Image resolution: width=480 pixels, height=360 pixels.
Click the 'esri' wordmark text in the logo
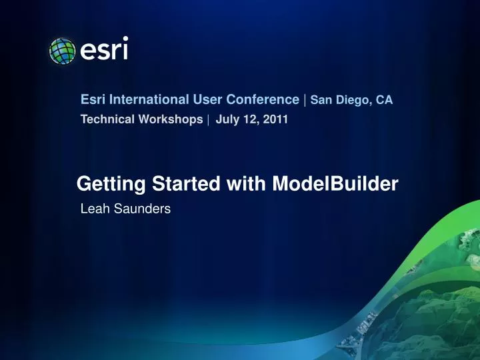104,50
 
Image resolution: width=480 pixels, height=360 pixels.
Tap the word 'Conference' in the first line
264,100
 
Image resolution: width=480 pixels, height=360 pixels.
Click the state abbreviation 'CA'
384,101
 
